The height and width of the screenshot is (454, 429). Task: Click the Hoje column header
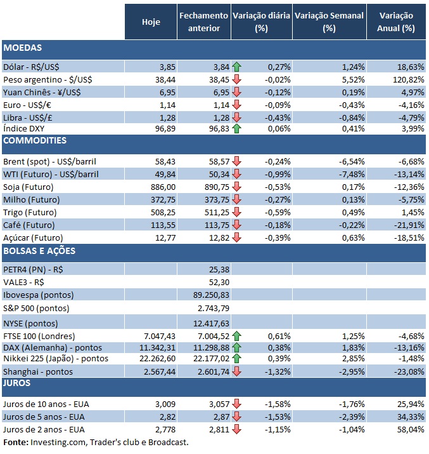coord(151,22)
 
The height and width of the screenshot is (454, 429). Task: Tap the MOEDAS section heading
coord(23,47)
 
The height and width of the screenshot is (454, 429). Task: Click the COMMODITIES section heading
coord(36,140)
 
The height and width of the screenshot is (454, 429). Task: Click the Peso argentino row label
coord(41,79)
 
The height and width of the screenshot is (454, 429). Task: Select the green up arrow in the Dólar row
coord(237,65)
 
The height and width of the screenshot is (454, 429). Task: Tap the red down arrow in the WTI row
coord(237,175)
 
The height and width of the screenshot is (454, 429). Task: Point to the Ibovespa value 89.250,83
coord(209,295)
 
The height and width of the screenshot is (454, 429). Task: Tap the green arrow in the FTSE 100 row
coord(237,336)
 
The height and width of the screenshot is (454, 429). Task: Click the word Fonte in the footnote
coord(15,442)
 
